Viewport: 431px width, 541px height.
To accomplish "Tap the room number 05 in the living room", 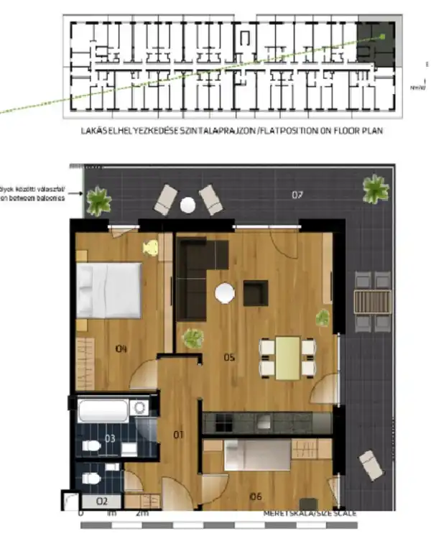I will click(229, 356).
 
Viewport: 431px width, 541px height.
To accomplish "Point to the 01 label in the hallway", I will click(179, 433).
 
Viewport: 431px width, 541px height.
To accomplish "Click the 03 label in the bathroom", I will click(109, 438).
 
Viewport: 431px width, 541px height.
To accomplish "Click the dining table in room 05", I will click(288, 357).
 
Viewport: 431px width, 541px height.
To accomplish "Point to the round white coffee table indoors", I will click(225, 292).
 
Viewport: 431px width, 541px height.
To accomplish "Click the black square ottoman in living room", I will click(255, 292).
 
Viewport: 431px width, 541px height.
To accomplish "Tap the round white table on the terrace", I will click(187, 205).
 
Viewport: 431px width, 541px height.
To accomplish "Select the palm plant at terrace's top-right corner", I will click(375, 189).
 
